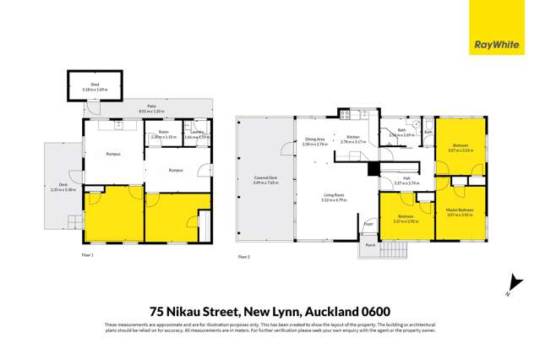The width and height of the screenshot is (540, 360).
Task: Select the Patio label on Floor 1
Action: point(128,107)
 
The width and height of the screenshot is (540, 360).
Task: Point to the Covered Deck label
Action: point(265,180)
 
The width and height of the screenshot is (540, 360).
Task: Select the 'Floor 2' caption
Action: point(243,257)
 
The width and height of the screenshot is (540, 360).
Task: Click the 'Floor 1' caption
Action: point(87,254)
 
